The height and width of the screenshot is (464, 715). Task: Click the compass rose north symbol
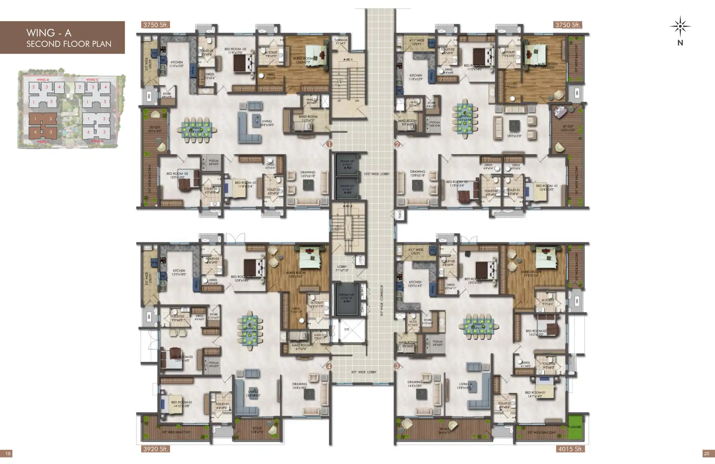point(680,27)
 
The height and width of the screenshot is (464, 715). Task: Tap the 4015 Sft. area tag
point(570,449)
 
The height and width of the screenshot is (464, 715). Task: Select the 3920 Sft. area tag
point(155,449)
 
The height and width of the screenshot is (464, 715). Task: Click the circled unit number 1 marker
point(329,144)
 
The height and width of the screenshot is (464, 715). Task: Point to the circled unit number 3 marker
point(397,366)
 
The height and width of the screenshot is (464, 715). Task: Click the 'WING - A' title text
point(49,33)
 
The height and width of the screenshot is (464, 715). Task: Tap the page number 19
point(6,454)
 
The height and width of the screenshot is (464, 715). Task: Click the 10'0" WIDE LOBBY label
point(376,174)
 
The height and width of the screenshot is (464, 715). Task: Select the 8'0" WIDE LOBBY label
point(364,372)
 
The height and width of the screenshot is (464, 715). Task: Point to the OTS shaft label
point(346,329)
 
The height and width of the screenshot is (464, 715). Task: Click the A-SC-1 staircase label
point(348,60)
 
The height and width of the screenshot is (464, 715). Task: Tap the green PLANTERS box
point(574,427)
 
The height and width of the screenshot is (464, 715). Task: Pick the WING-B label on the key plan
point(43,80)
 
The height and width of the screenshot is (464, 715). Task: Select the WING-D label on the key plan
point(97,141)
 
